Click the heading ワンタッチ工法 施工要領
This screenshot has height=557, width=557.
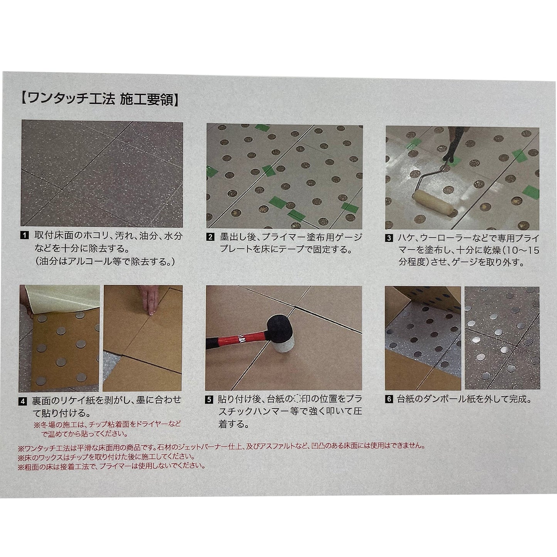coord(99,99)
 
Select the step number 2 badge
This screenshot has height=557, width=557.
coord(210,237)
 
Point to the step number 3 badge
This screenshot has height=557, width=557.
coord(389,238)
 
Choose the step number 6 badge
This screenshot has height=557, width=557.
coord(389,399)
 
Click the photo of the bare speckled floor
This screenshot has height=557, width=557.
coord(102,173)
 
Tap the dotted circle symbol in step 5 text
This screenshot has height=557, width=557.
coord(298,399)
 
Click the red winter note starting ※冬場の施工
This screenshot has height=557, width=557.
coord(108,429)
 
